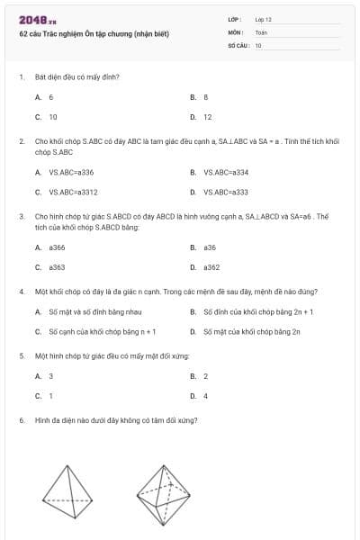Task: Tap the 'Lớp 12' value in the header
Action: (264, 19)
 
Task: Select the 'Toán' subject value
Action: (261, 31)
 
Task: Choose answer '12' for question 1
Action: (207, 117)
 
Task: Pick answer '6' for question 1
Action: (51, 96)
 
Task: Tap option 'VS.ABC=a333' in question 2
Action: (226, 192)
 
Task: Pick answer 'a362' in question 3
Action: (211, 267)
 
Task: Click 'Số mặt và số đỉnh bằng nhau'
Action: (91, 311)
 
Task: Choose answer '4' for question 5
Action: (206, 396)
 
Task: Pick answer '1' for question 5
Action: (51, 396)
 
